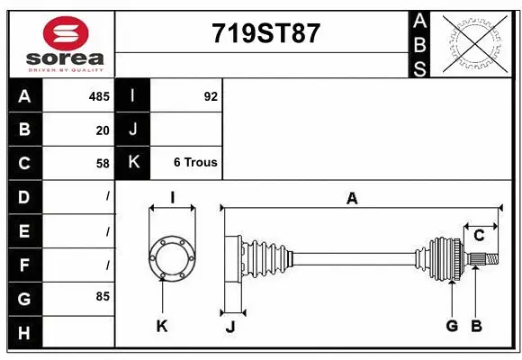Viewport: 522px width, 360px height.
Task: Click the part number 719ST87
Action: coord(265,33)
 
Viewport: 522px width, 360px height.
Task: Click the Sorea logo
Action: coord(65,42)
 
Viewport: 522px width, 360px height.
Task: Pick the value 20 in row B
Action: coord(103,130)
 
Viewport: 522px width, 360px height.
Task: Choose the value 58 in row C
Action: coord(103,163)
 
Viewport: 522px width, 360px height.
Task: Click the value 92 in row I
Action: coord(211,96)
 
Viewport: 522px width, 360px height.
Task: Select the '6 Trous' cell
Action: coord(195,163)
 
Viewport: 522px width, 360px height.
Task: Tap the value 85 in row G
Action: coord(103,295)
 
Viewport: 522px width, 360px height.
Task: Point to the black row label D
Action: coord(24,196)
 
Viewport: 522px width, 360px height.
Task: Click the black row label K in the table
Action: coord(132,163)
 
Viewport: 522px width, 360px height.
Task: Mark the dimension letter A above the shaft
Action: coord(352,198)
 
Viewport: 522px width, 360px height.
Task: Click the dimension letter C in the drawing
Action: coord(479,235)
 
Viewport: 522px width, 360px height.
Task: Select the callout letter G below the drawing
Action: coord(452,326)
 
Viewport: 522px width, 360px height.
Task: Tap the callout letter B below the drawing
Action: coord(477,326)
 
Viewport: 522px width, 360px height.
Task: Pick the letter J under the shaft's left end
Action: coord(229,326)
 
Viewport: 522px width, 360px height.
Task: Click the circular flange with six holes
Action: coord(171,258)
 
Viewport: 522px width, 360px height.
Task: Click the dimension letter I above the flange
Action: coord(172,198)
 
